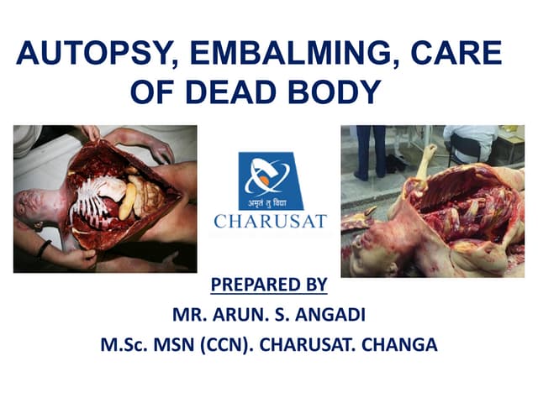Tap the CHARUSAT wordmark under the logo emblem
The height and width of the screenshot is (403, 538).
pos(269,222)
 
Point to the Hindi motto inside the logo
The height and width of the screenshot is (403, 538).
pos(269,204)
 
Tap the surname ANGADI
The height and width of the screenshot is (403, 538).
pos(331,315)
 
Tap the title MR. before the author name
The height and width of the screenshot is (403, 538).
pos(187,315)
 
